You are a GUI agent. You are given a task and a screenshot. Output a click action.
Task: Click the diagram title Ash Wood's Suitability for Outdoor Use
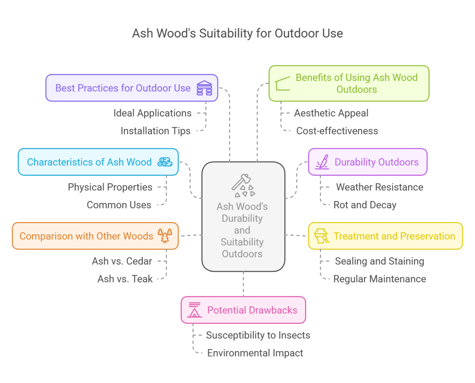(237, 33)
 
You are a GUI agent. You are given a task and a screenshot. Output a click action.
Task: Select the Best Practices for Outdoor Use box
(132, 88)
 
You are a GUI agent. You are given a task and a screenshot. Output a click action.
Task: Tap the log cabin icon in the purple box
(204, 88)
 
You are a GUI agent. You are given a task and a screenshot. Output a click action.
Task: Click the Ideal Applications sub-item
(152, 113)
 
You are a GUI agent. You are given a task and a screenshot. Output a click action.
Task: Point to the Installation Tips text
(155, 131)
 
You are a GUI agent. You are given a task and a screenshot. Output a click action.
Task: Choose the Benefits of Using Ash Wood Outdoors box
(349, 83)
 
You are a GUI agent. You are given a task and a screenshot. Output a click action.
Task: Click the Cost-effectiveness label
(337, 131)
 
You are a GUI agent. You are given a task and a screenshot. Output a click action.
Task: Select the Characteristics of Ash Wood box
(98, 162)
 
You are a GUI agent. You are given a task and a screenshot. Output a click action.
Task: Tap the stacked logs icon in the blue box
(165, 162)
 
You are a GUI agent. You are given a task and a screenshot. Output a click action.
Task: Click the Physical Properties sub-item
(110, 187)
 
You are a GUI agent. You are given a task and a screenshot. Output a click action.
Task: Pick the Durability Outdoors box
(367, 162)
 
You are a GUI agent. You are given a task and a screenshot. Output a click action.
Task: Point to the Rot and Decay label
(365, 205)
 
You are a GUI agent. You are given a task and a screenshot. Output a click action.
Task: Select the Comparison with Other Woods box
(95, 236)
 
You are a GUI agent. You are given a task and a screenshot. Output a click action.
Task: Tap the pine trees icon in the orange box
(165, 236)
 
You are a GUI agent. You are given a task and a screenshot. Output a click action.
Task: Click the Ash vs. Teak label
(125, 279)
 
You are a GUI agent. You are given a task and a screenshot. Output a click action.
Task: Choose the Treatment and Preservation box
(385, 236)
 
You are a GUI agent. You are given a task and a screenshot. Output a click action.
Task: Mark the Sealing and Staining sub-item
(379, 262)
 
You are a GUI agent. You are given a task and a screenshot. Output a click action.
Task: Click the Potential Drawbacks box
(243, 310)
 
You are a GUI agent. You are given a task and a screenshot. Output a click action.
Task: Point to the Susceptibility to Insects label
(258, 335)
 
